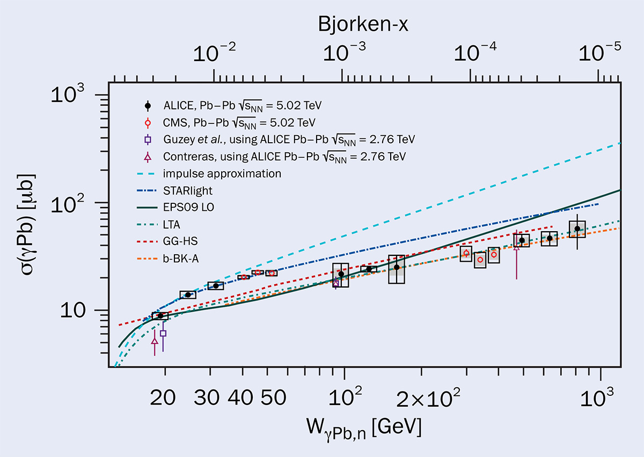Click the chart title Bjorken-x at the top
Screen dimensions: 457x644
click(363, 25)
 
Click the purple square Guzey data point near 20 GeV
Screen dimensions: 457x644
click(163, 333)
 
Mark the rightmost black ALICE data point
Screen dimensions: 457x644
click(577, 228)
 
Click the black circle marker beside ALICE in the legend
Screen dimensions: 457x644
click(148, 105)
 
